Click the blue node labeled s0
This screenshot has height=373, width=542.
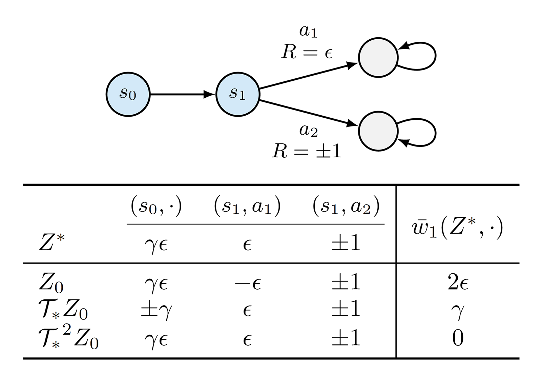click(x=128, y=94)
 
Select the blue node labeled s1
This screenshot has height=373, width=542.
click(x=237, y=94)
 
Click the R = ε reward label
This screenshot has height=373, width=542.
click(x=307, y=52)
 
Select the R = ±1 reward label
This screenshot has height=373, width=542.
click(x=307, y=151)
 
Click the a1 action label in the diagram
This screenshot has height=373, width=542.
click(x=308, y=31)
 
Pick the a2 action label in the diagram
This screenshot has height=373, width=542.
click(x=308, y=131)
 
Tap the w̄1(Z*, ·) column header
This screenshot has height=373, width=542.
click(x=457, y=228)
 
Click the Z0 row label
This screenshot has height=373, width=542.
click(x=51, y=283)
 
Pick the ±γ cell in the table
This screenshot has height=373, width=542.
click(x=156, y=310)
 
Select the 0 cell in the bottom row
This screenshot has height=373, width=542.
click(x=458, y=338)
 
